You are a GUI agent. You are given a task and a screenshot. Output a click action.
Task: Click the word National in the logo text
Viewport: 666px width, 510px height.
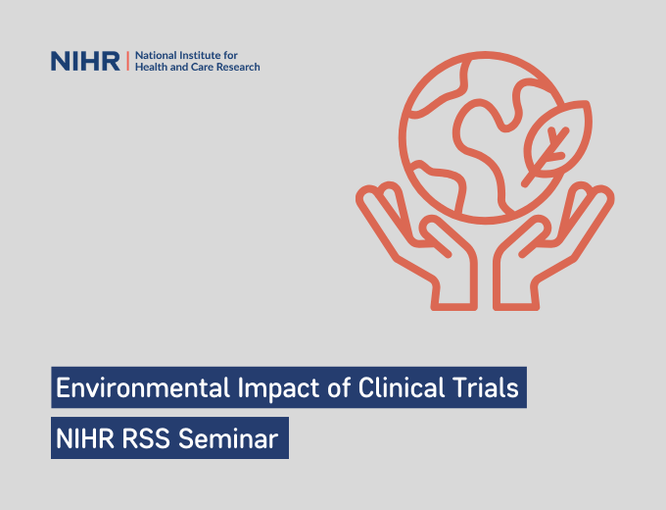coord(155,54)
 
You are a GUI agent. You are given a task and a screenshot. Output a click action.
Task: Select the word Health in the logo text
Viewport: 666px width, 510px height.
coord(152,68)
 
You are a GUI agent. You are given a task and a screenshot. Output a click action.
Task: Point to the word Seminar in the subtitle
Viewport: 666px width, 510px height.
coord(231,438)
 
